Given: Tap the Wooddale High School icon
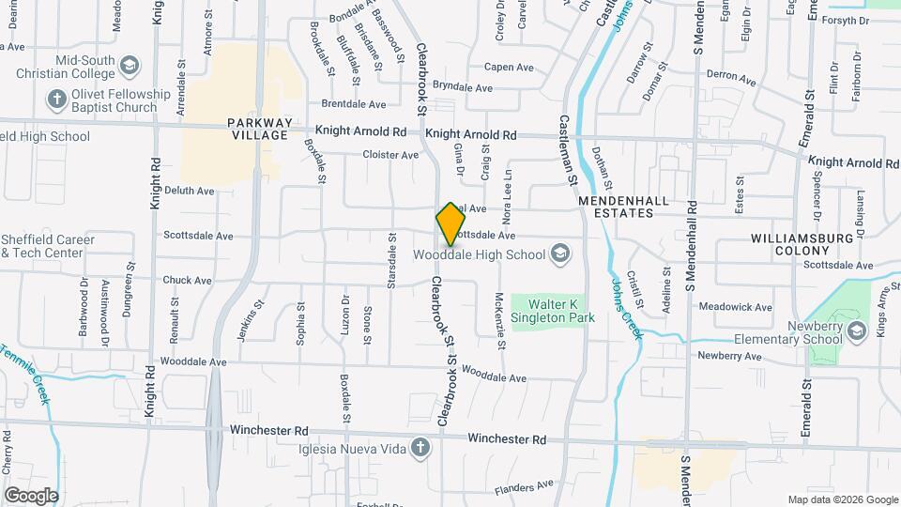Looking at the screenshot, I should (559, 253).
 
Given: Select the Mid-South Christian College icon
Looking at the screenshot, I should (129, 65).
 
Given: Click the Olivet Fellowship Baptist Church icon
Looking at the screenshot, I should (56, 99).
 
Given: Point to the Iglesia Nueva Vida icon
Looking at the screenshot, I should (422, 450).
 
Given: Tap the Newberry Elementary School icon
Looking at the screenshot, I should (855, 330).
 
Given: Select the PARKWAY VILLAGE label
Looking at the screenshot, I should (258, 129).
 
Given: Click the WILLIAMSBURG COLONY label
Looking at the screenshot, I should (802, 245).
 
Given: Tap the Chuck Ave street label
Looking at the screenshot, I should (187, 280).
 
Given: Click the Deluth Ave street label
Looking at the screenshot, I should (190, 191).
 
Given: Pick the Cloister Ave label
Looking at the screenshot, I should (391, 155).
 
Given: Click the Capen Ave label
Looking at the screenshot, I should (509, 67).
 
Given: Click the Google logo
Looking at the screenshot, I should (31, 496).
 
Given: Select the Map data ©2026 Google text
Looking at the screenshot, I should (842, 499).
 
